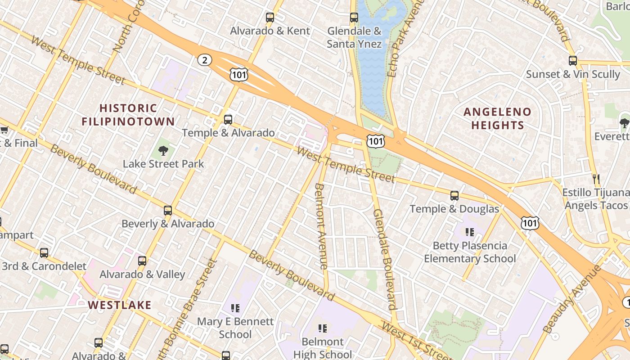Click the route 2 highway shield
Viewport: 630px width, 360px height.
pos(205,60)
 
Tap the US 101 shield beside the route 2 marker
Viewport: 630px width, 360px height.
pos(238,75)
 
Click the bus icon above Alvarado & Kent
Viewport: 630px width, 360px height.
pos(270,18)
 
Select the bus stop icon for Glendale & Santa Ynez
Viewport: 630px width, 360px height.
pos(354,18)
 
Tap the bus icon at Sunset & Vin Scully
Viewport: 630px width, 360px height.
pos(573,60)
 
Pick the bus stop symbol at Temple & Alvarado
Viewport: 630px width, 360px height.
pos(228,120)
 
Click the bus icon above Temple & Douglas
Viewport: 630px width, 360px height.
pos(454,196)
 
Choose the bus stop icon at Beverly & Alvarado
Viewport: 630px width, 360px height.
pos(168,210)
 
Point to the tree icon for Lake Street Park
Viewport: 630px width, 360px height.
pos(163,151)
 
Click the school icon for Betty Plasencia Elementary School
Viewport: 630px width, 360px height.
pos(470,232)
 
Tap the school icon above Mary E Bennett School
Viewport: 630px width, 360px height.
pos(235,308)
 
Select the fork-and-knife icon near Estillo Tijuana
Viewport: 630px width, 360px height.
pos(596,179)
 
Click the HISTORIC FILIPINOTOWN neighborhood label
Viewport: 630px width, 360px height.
pos(128,115)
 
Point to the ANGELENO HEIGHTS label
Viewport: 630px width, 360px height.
pos(498,118)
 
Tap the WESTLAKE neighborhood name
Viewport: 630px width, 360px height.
pos(120,305)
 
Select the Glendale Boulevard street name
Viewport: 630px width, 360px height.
pos(385,259)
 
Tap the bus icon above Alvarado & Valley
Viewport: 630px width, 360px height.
pos(142,261)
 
